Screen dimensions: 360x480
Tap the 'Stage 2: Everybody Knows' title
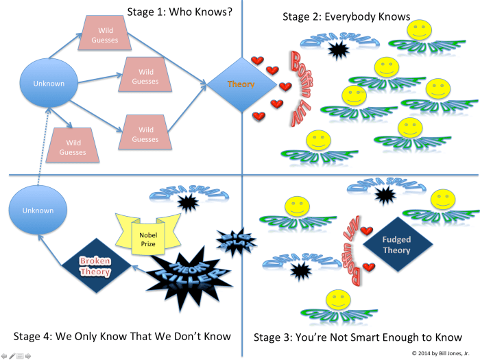pos(346,16)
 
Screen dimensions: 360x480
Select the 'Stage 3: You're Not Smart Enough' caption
pos(357,337)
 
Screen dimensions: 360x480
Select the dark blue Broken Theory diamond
pos(96,266)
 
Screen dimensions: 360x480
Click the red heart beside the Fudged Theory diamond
pos(367,230)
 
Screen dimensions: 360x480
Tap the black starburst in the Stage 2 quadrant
pos(337,49)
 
